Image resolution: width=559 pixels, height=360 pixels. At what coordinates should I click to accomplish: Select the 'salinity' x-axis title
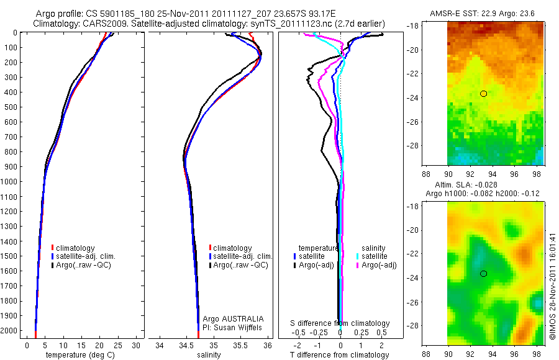tap(209, 355)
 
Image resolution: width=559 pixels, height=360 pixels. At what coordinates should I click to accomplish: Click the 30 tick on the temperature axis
tap(137, 345)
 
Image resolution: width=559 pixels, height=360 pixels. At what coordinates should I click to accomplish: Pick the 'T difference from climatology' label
tap(339, 355)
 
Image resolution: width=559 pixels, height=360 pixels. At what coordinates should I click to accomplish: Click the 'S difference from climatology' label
tap(340, 323)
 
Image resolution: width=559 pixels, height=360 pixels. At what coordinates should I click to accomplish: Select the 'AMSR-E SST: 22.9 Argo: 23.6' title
tap(482, 14)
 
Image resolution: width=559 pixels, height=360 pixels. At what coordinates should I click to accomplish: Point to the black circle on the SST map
tap(483, 94)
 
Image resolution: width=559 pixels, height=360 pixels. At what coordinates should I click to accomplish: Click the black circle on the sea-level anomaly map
tap(483, 274)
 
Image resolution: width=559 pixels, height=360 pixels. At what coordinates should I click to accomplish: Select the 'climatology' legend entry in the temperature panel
tap(81, 248)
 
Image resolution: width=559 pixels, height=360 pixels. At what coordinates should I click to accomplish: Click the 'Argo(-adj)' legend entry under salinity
tap(379, 265)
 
